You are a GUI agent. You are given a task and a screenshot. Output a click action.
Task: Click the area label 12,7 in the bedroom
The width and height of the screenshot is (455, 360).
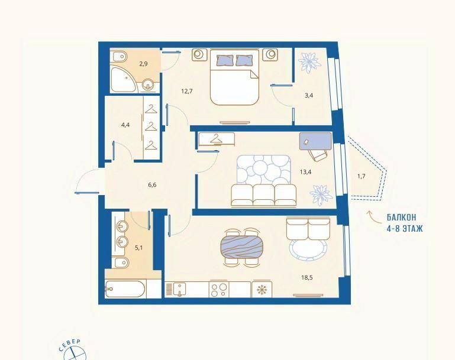point(187,91)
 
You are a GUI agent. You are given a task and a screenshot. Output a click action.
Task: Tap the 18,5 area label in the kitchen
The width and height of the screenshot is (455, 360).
point(306,277)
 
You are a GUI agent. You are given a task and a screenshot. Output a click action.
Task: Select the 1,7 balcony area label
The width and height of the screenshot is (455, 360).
point(361,176)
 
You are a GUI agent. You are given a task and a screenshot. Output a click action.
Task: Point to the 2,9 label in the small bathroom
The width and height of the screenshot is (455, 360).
point(143,63)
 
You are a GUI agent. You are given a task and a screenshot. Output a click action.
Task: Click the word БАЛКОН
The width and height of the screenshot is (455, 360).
point(401,217)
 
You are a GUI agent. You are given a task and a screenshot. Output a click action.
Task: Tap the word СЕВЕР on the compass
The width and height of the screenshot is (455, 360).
point(70,345)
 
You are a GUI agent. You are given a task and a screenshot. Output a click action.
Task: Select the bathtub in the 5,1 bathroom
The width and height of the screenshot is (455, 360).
point(125,288)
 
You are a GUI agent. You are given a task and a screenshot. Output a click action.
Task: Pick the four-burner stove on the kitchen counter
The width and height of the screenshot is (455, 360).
point(219,290)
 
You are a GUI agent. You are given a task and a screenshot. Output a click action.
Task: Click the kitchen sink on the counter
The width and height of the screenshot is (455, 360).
point(180,289)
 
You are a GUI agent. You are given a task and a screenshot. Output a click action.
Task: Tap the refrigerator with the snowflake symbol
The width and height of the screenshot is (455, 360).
point(262,288)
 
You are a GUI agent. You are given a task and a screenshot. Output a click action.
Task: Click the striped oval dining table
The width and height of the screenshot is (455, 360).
point(242,247)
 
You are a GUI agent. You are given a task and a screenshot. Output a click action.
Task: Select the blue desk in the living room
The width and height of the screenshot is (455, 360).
point(315,141)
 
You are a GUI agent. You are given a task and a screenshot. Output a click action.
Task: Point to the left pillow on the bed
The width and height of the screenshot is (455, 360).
point(225,60)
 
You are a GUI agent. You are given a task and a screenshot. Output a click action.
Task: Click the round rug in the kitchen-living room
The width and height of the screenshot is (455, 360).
point(308,249)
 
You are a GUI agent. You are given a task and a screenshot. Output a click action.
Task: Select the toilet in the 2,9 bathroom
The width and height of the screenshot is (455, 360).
point(119,57)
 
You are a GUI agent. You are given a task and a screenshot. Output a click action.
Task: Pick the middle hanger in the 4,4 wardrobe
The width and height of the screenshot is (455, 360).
point(151,127)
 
